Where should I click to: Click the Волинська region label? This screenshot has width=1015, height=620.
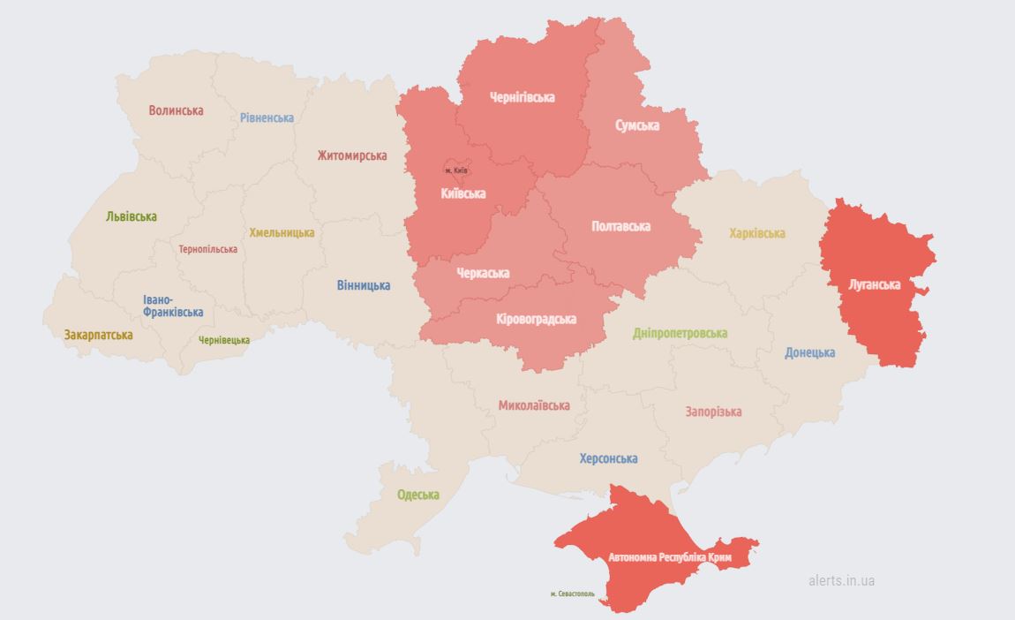click(176, 110)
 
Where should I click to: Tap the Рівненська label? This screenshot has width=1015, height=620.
click(267, 117)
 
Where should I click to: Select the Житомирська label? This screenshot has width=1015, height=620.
click(352, 155)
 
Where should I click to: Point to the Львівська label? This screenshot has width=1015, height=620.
click(132, 216)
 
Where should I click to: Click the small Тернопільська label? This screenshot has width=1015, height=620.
click(207, 249)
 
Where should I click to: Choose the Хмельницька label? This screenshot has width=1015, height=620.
click(282, 233)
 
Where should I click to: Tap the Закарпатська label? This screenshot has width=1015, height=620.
click(98, 335)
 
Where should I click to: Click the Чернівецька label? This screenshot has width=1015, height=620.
click(224, 340)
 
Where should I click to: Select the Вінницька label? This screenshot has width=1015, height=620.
click(364, 285)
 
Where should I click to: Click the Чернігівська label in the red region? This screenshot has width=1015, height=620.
click(523, 97)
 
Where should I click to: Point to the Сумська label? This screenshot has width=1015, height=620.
click(637, 125)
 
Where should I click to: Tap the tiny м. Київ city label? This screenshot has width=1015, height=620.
click(456, 170)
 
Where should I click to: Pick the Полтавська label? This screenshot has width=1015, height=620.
click(620, 226)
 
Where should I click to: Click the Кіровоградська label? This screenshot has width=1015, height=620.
click(536, 319)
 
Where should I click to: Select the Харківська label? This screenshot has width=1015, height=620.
click(757, 233)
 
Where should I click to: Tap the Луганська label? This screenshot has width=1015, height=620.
click(874, 284)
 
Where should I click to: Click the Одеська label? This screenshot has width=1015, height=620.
click(418, 495)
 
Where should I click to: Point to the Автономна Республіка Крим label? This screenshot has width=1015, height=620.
click(671, 557)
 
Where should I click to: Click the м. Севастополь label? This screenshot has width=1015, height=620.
click(572, 594)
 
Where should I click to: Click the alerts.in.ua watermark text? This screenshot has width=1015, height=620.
click(841, 580)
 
